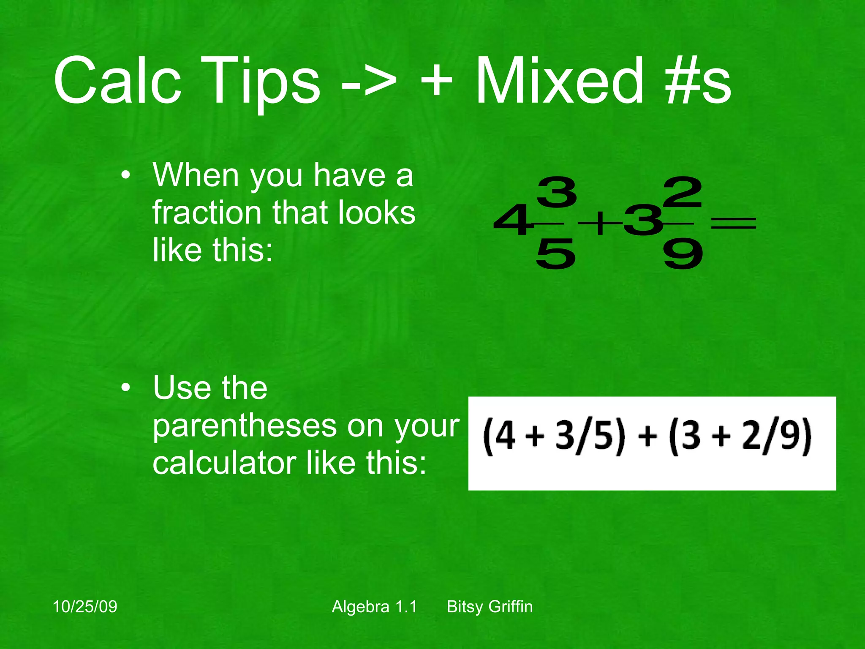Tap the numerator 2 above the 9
pyautogui.click(x=683, y=192)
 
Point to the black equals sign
pyautogui.click(x=734, y=223)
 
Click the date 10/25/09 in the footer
pyautogui.click(x=85, y=607)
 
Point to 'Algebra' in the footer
pyautogui.click(x=361, y=607)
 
